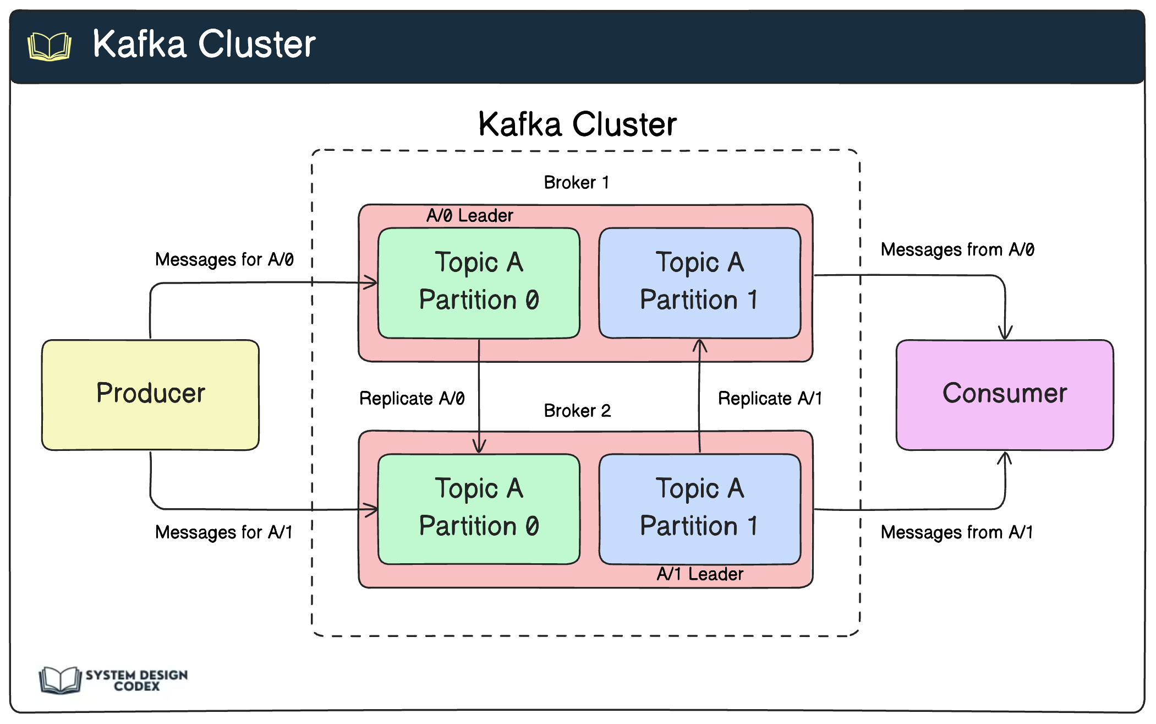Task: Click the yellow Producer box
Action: point(150,394)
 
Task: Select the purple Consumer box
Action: point(1004,394)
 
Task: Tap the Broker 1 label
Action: point(576,182)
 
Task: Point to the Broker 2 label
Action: point(577,411)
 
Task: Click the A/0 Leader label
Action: point(469,215)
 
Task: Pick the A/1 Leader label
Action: point(699,574)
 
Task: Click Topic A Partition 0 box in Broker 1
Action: point(479,282)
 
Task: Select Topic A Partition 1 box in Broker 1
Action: point(699,282)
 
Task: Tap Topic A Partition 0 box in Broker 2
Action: point(479,509)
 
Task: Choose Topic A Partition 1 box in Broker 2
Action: point(699,509)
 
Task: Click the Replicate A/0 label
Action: point(412,398)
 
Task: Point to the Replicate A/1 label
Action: point(770,398)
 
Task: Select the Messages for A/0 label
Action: point(224,259)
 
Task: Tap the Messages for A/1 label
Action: point(223,532)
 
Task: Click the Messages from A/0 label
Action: point(957,250)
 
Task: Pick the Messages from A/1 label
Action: point(956,532)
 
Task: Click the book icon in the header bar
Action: point(50,46)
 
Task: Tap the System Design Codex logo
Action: point(113,680)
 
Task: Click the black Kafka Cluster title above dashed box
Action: point(577,124)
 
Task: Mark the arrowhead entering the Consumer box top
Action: point(1005,334)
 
